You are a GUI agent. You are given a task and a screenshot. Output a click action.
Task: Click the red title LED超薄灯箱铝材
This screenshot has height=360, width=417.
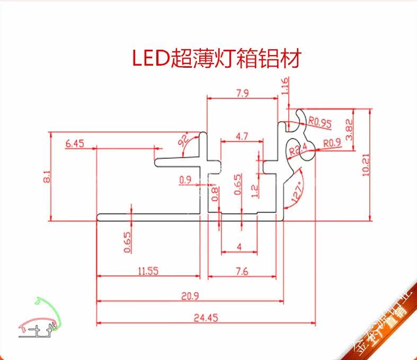[x=216, y=59]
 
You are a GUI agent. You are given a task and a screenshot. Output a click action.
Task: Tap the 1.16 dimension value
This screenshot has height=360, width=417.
[x=286, y=86]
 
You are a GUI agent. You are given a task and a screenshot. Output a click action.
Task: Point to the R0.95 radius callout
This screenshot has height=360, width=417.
[x=320, y=122]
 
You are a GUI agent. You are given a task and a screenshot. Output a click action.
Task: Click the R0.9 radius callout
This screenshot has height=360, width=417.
[x=332, y=142]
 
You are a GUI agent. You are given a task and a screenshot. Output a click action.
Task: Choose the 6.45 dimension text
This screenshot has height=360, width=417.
[x=74, y=143]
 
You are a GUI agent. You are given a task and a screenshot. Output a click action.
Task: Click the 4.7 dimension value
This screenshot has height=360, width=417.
[x=242, y=137]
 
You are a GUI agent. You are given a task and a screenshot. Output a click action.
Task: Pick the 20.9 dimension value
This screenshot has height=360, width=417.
[x=189, y=296]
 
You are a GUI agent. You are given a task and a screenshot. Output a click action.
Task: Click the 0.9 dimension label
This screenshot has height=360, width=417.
[x=185, y=180]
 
